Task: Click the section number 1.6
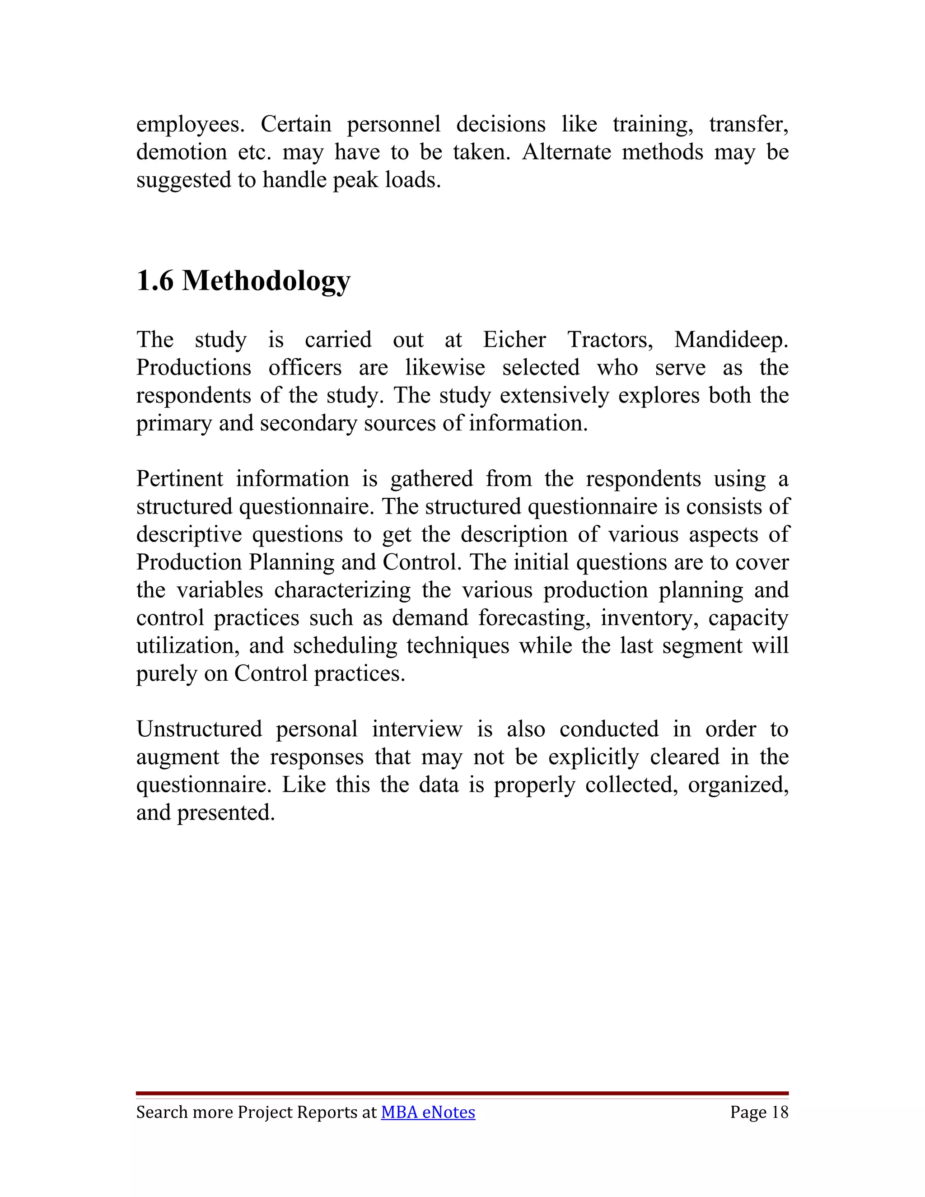coord(154,281)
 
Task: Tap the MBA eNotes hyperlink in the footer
coord(428,1112)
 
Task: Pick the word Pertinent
coord(180,479)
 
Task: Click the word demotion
coord(182,152)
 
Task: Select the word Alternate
coord(566,152)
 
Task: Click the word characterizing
coord(342,590)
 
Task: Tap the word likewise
coord(445,368)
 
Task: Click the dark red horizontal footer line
coord(462,1094)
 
